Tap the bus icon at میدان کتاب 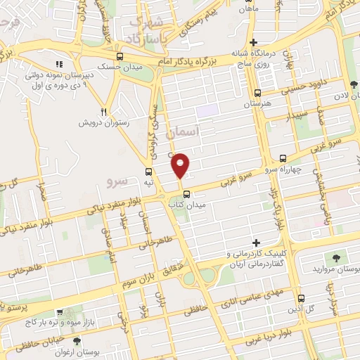pos(186,194)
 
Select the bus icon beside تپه pos(148,172)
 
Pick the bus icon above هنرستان pos(257,92)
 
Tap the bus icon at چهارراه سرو pos(282,159)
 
